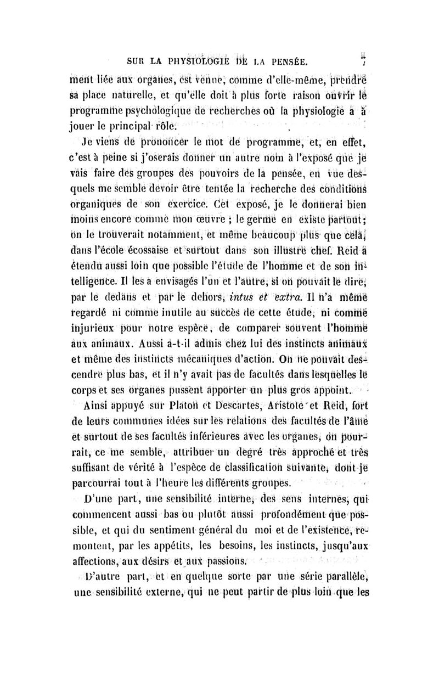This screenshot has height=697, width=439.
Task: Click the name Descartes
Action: pyautogui.click(x=212, y=407)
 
